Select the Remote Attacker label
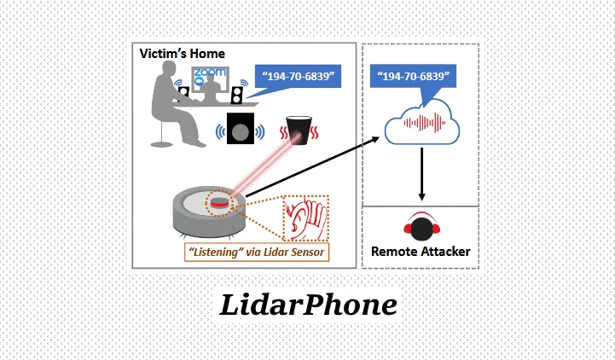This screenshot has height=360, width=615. [419, 252]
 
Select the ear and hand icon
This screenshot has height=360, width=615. [303, 221]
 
